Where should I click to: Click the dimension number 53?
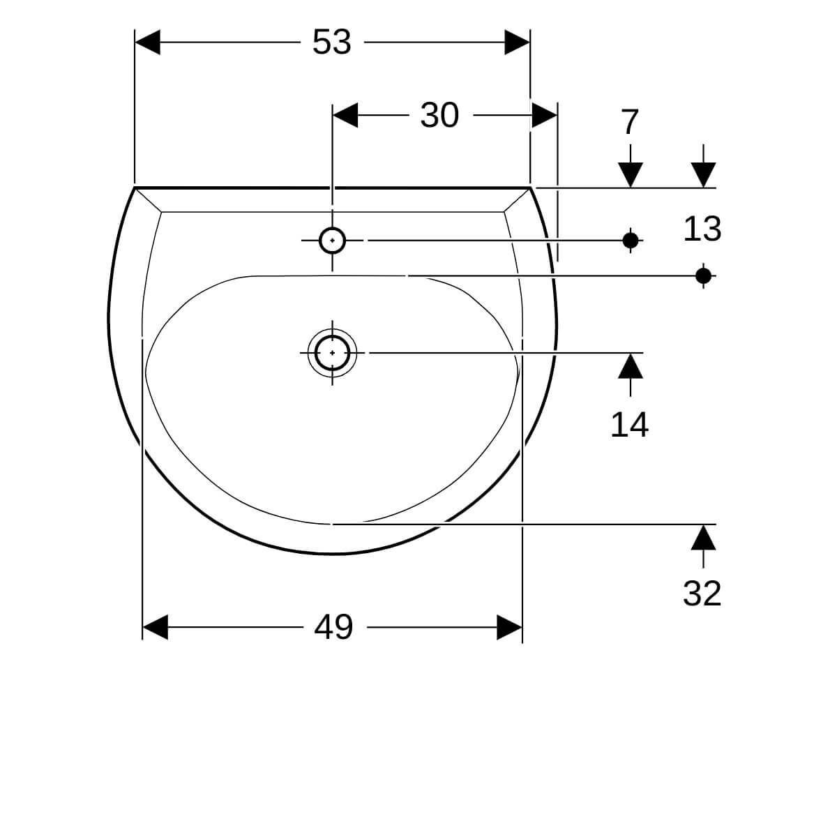tap(331, 42)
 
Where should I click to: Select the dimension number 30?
tap(439, 116)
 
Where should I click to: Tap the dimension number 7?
tap(631, 122)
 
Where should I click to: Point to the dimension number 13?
tap(702, 229)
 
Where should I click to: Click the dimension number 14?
tap(629, 425)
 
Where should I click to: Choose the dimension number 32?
tap(702, 594)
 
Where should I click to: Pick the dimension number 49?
tap(333, 627)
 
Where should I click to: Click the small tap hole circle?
tap(332, 240)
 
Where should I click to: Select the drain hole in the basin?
tap(332, 353)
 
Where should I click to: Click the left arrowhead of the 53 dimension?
tap(148, 42)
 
